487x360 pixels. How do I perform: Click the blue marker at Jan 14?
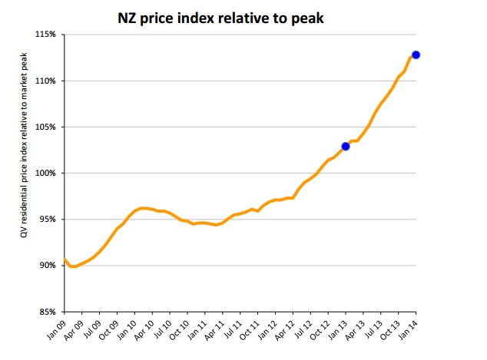[x=416, y=54]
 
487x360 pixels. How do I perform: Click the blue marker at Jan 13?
[x=346, y=146]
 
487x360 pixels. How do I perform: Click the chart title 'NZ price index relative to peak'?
[x=220, y=17]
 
